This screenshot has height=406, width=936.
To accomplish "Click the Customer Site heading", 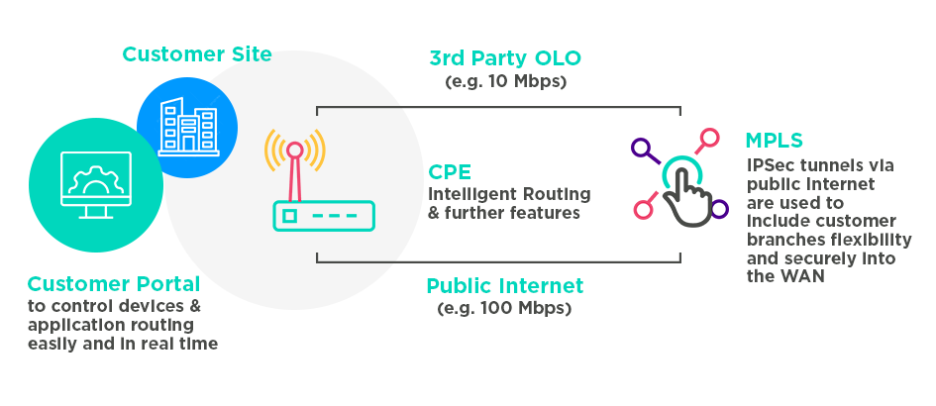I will pos(196,53).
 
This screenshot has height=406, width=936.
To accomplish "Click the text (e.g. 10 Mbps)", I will pos(506,81).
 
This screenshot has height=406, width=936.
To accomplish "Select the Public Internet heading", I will pos(505,286).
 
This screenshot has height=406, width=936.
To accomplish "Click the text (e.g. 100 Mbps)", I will pos(505,309).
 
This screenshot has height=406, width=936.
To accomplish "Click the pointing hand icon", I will pos(684,188).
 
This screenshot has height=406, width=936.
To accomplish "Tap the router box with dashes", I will pos(323,215).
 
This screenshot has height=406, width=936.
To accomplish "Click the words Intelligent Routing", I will pos(509,193).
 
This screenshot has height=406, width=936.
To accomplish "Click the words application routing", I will pos(111,324).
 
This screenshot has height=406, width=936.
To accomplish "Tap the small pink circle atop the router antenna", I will pos(294,150).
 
